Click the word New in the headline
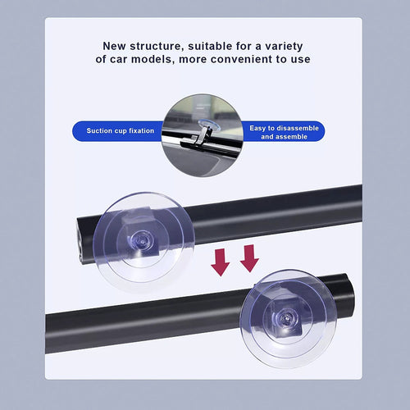pos(116,46)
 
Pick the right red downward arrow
pos(249,258)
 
